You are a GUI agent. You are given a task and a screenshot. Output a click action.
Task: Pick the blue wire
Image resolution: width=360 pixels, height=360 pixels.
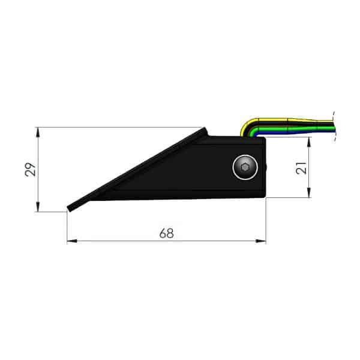[x=288, y=130]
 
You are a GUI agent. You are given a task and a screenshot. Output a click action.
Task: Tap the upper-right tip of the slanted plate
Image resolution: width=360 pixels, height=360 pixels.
[x=205, y=129]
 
